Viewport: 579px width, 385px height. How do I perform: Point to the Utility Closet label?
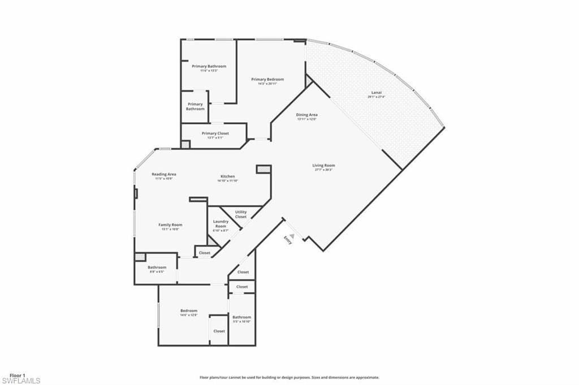[x=241, y=214]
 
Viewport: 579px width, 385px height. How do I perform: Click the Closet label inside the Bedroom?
[x=219, y=331]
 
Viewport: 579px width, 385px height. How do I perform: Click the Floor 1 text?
[x=18, y=375]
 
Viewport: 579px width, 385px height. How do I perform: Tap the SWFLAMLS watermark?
[x=21, y=381]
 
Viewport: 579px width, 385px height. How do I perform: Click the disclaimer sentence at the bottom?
[x=289, y=377]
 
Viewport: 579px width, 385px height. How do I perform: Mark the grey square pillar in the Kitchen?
[x=263, y=169]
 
